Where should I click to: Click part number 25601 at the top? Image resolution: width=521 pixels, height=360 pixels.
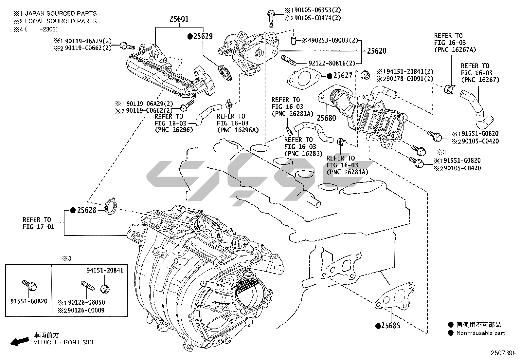[x=179, y=19]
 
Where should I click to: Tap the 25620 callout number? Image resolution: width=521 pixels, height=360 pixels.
[x=376, y=51]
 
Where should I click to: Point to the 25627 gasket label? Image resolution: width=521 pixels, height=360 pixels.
[x=343, y=76]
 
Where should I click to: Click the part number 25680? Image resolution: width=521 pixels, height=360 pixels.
[x=326, y=118]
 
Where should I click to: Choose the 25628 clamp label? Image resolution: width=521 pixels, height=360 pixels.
[x=86, y=210]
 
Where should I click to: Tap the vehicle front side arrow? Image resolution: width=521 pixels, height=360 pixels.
[x=19, y=342]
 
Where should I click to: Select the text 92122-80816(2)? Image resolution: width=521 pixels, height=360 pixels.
[x=332, y=63]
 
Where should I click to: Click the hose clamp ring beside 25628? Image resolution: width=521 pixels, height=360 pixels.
[x=111, y=206]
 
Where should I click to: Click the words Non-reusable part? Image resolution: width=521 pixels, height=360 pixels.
[x=481, y=333]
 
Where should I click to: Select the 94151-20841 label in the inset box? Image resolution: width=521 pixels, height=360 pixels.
[x=105, y=270]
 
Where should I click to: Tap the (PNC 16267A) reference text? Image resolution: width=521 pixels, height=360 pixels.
[x=455, y=50]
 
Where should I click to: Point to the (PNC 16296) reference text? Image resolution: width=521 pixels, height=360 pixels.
[x=173, y=130]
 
